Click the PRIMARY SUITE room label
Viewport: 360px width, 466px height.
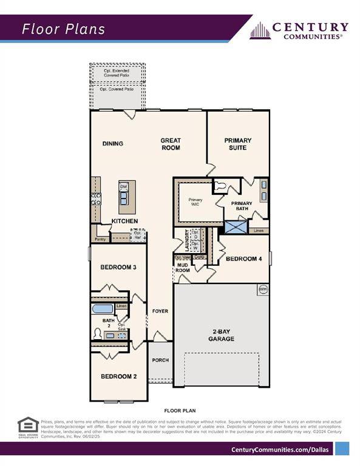pyautogui.click(x=237, y=144)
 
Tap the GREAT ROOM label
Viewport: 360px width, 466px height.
pyautogui.click(x=171, y=144)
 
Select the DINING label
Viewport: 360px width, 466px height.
pyautogui.click(x=113, y=144)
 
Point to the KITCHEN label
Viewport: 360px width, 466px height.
pyautogui.click(x=124, y=221)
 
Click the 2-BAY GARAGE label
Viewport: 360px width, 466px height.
pyautogui.click(x=221, y=336)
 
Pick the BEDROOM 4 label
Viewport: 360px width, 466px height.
pyautogui.click(x=243, y=259)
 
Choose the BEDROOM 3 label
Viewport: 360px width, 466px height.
pyautogui.click(x=118, y=268)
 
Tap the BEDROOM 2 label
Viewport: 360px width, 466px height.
pyautogui.click(x=118, y=376)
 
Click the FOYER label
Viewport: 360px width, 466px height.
pyautogui.click(x=160, y=311)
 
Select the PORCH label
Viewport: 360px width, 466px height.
pyautogui.click(x=160, y=360)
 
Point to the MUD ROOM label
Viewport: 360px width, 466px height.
pyautogui.click(x=183, y=267)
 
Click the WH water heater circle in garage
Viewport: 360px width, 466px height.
pyautogui.click(x=263, y=289)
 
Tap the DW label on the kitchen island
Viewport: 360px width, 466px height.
pyautogui.click(x=123, y=186)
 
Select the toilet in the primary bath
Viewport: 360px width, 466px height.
pyautogui.click(x=221, y=187)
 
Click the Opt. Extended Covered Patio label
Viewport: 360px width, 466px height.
pyautogui.click(x=118, y=74)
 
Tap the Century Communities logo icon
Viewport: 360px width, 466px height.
pyautogui.click(x=260, y=30)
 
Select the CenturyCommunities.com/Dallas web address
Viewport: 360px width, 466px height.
pyautogui.click(x=282, y=449)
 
